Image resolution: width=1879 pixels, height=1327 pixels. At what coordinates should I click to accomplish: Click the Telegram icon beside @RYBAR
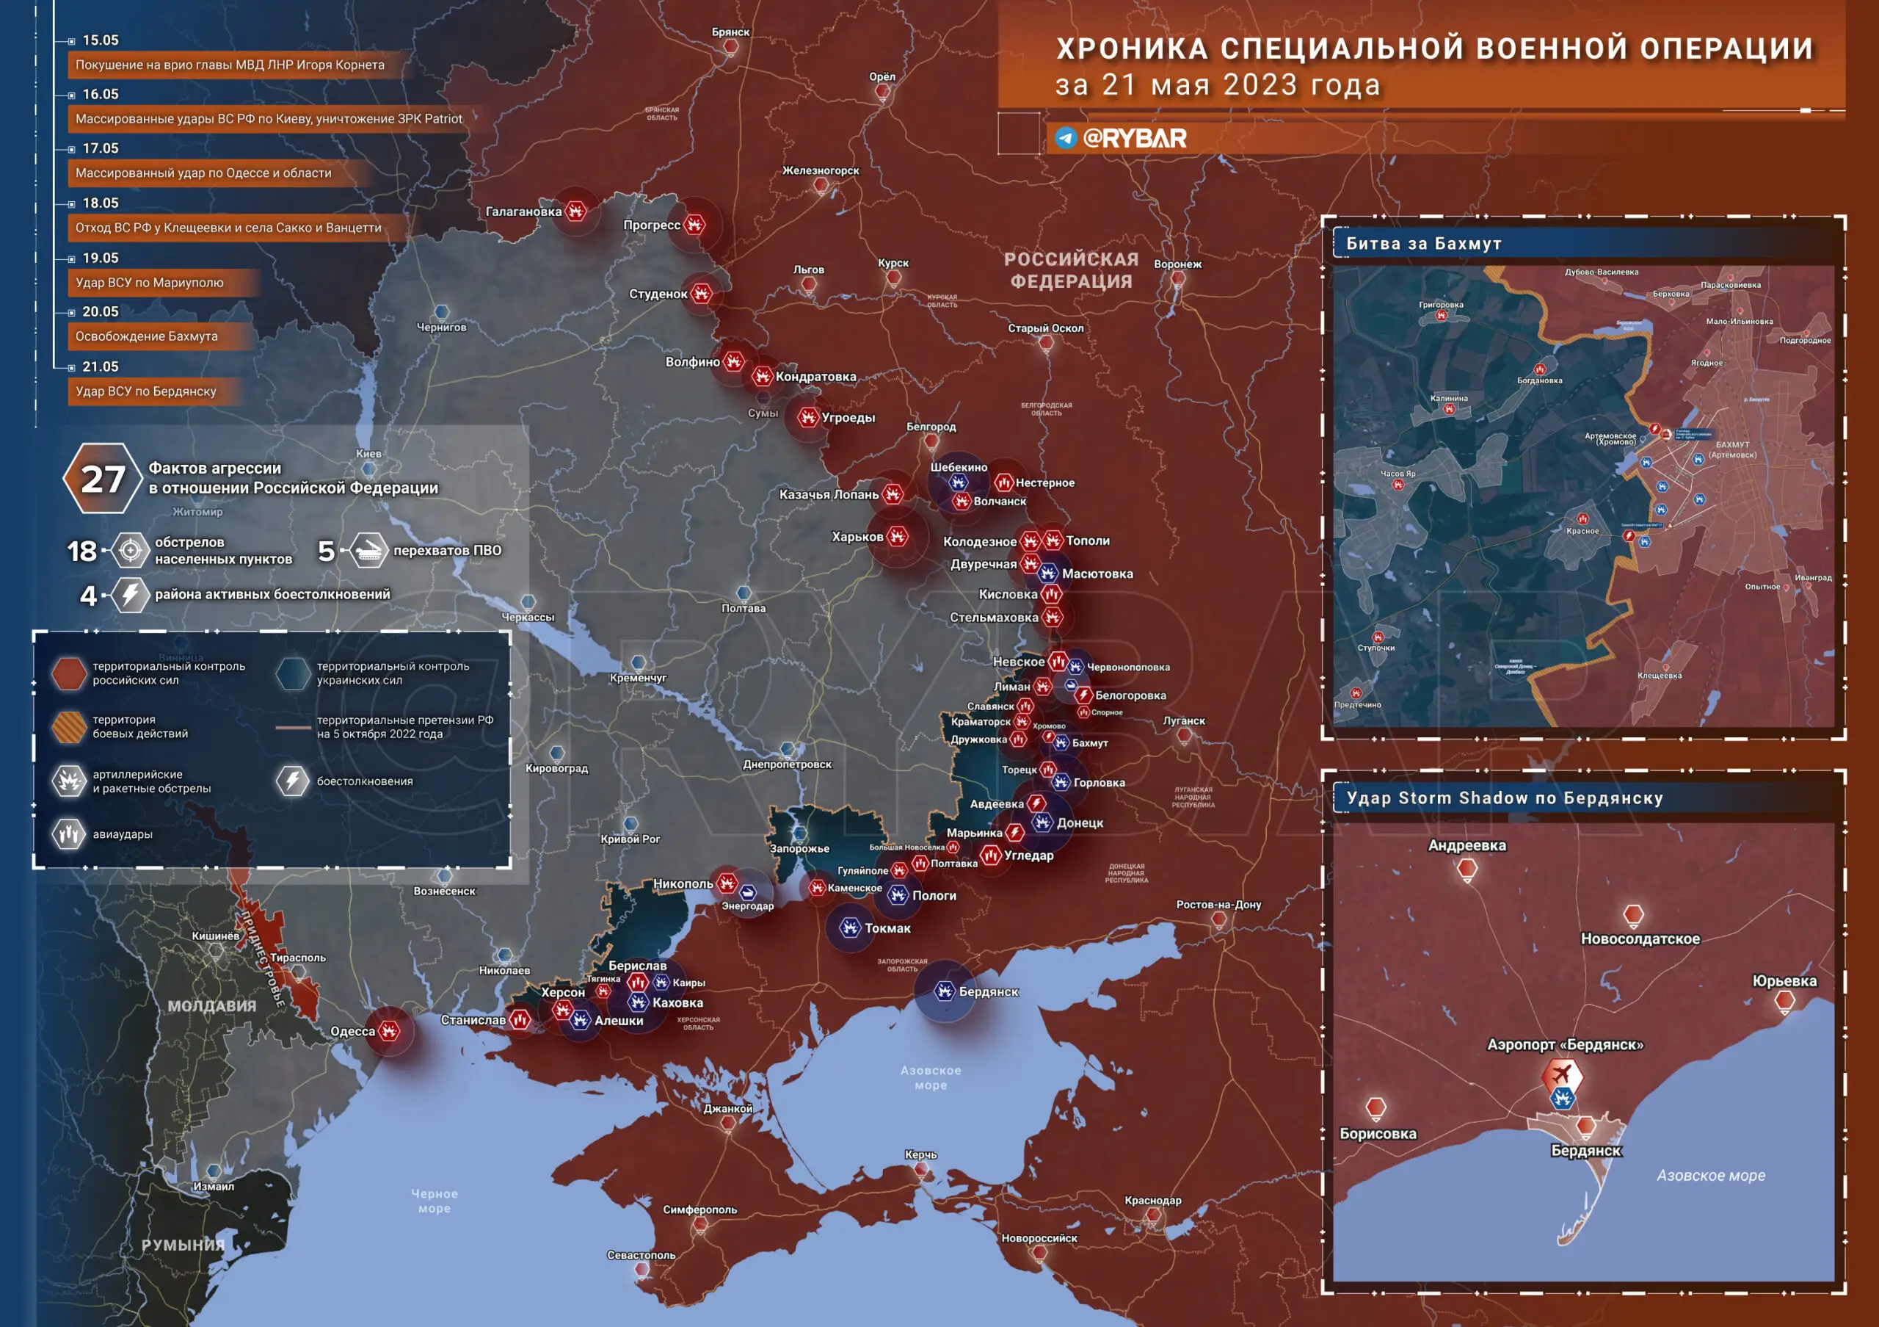(1066, 137)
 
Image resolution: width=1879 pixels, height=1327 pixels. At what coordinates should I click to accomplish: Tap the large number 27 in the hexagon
(103, 479)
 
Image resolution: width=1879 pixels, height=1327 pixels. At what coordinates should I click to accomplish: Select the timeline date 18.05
(101, 203)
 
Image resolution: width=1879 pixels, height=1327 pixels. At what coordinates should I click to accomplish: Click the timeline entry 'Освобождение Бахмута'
(147, 336)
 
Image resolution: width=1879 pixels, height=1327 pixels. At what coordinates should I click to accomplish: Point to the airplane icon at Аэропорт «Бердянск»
(1561, 1073)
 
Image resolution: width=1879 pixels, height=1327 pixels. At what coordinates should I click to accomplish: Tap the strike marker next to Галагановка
(576, 211)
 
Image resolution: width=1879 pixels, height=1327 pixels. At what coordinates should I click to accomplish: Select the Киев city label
(369, 454)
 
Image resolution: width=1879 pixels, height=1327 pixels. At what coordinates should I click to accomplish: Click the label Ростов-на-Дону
(1218, 905)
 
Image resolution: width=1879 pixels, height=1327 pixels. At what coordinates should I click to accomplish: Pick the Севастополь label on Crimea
(642, 1255)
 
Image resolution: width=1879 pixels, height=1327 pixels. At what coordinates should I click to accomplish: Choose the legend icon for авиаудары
(70, 834)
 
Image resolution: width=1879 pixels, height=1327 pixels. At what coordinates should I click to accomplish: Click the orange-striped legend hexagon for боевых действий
(69, 726)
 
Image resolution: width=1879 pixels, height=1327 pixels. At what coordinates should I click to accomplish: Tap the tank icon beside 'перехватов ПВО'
(369, 551)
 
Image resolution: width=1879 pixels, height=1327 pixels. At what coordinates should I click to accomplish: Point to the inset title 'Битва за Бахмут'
(1423, 243)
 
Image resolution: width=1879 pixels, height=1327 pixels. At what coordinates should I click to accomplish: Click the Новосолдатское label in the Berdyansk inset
(1640, 939)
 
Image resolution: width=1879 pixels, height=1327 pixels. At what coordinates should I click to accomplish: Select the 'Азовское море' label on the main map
(931, 1077)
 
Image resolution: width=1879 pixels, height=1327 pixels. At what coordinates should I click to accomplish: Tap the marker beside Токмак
(850, 928)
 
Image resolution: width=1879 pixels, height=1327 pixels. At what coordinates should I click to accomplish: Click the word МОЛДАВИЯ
(212, 1006)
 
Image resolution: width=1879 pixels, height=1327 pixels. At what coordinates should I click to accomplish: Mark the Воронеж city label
(1177, 264)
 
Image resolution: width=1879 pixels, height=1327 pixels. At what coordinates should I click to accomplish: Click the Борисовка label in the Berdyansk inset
(1378, 1134)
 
